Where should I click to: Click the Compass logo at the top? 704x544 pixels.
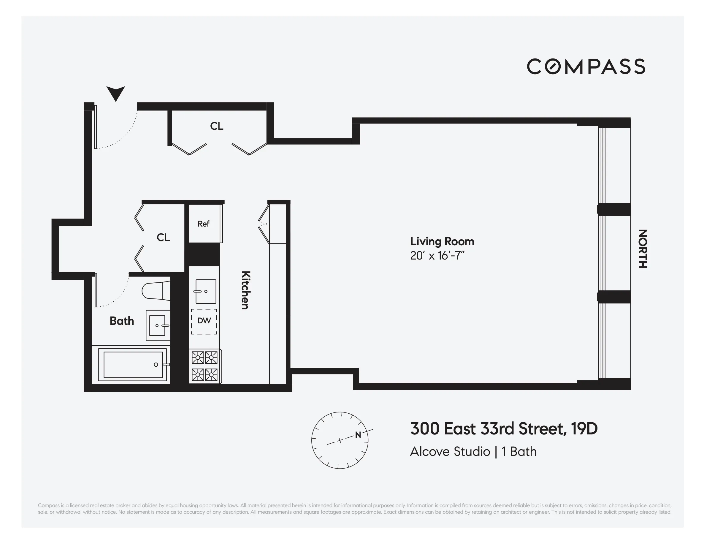tap(586, 67)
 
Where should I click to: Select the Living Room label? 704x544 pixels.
tap(442, 241)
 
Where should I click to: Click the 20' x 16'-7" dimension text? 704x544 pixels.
tap(437, 256)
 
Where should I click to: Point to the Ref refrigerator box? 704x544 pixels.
tap(204, 224)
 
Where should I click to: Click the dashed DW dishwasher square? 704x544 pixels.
tap(204, 321)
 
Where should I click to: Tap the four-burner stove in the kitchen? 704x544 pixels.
tap(205, 366)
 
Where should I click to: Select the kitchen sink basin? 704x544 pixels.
tap(206, 291)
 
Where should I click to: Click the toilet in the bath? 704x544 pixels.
tap(156, 291)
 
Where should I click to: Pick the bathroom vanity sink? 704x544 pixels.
tap(158, 326)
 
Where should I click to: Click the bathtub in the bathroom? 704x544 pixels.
tap(133, 365)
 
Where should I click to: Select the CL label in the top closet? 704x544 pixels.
tap(217, 126)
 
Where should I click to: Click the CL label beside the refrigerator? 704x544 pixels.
tap(163, 238)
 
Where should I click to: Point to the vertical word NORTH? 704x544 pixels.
tap(643, 249)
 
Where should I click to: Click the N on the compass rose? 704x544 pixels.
tap(358, 435)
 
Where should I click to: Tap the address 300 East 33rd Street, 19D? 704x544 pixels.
tap(503, 429)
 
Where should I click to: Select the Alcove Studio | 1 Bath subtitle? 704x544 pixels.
tap(473, 451)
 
